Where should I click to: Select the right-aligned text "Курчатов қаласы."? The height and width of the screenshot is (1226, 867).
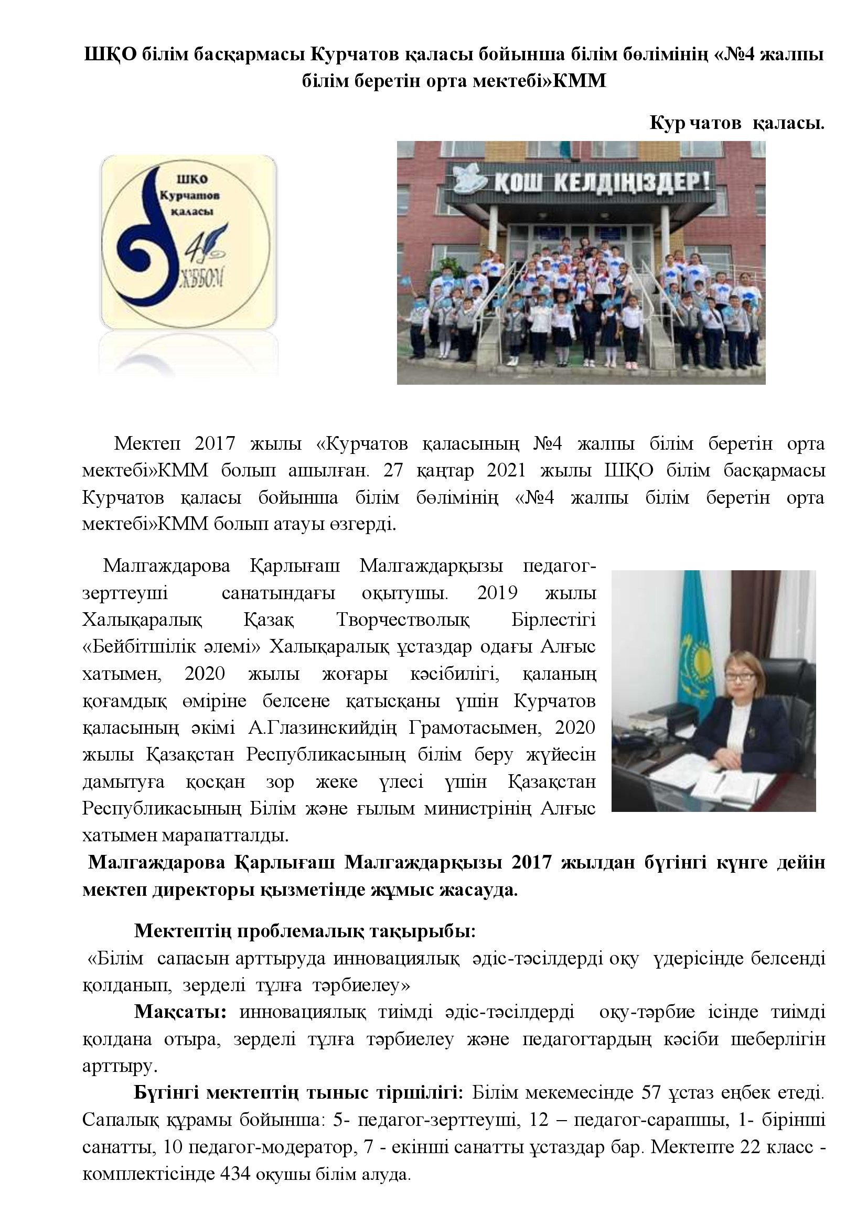coord(737,124)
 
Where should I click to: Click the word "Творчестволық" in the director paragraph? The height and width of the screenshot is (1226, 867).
coord(403,620)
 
